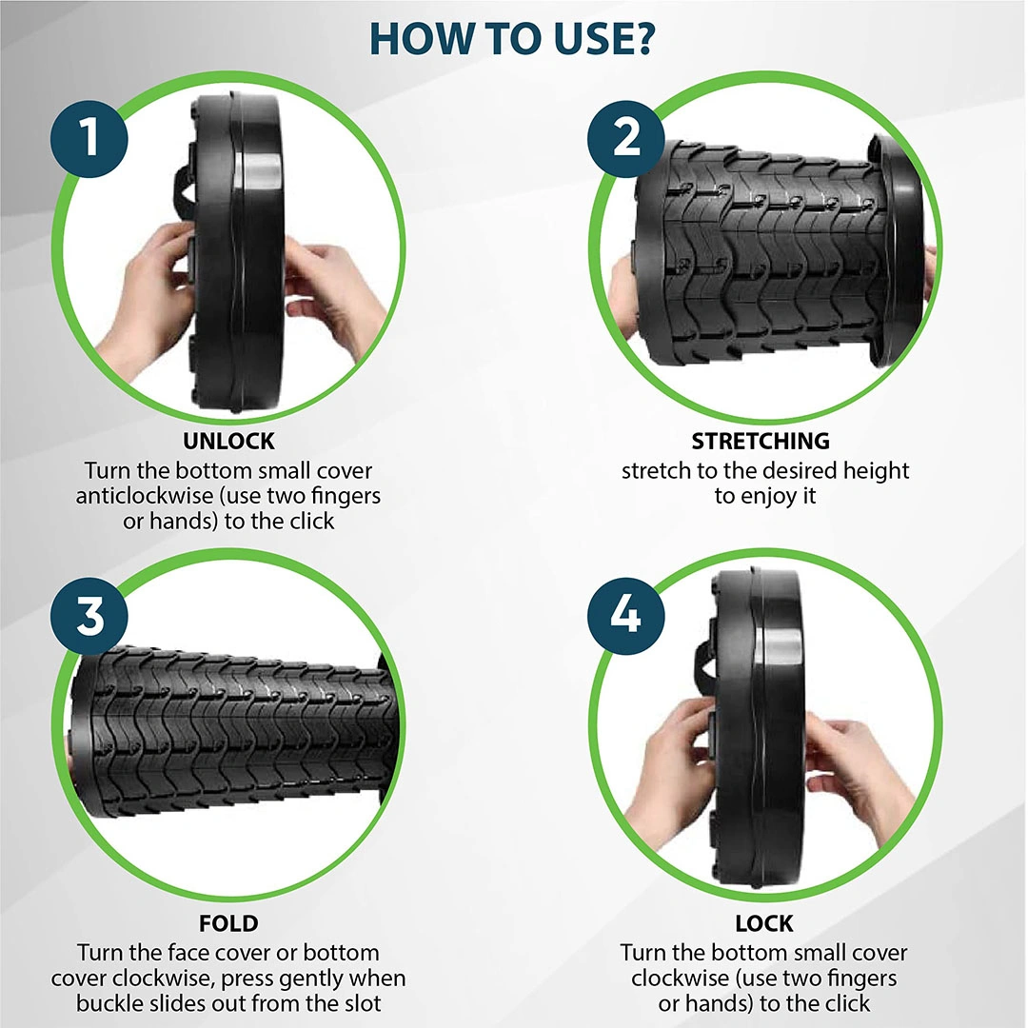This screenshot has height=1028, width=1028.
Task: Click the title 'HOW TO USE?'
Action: click(512, 38)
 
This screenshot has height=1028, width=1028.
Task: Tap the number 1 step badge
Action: click(89, 138)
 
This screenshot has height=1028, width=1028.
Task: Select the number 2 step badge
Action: click(626, 138)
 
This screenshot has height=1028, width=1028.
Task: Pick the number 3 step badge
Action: click(89, 616)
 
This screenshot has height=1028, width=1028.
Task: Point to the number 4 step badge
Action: click(626, 616)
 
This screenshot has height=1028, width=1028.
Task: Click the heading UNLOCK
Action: click(228, 442)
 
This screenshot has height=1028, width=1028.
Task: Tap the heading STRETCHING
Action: click(761, 442)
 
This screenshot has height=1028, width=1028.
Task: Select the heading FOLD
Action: click(228, 923)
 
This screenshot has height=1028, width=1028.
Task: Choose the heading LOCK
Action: click(764, 923)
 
